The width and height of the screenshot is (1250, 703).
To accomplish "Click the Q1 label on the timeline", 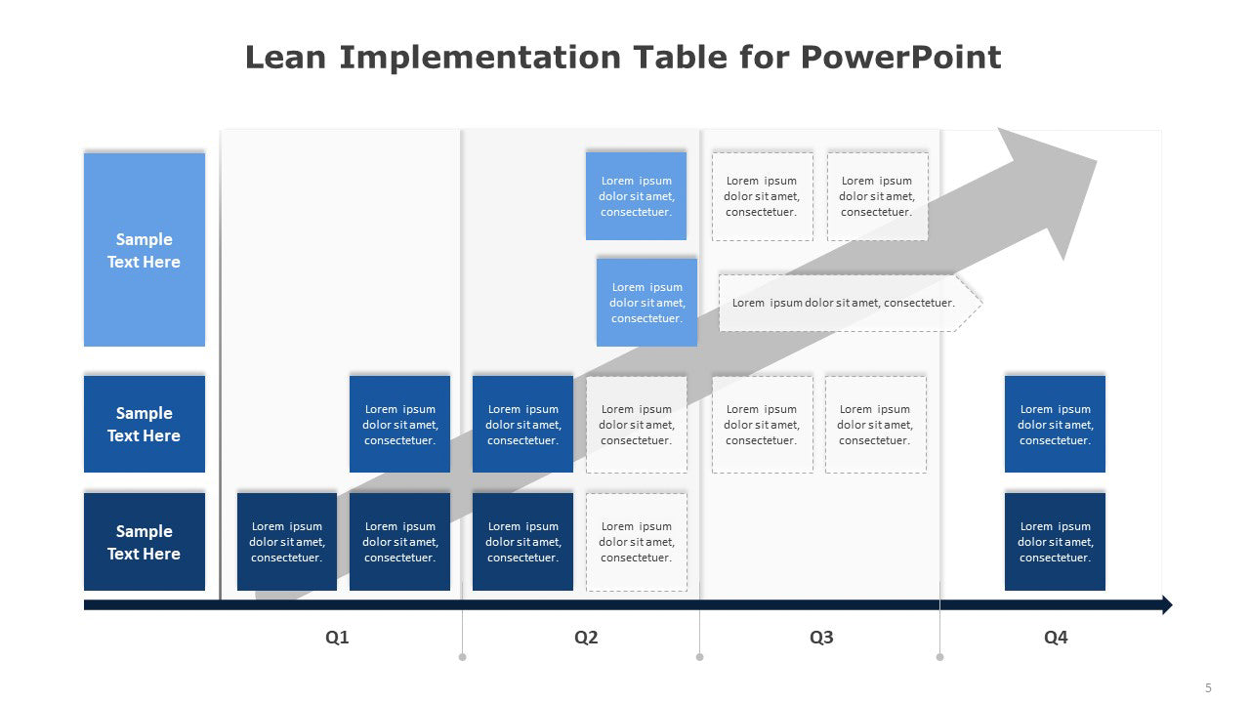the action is pyautogui.click(x=337, y=638).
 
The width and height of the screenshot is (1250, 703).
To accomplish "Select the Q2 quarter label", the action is pyautogui.click(x=586, y=638).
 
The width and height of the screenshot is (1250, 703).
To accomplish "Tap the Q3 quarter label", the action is pyautogui.click(x=821, y=638).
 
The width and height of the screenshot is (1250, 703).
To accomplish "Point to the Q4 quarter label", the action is pyautogui.click(x=1056, y=638).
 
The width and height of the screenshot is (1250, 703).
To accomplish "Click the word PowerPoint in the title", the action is pyautogui.click(x=900, y=58).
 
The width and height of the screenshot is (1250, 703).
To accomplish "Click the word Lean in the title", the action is pyautogui.click(x=285, y=58).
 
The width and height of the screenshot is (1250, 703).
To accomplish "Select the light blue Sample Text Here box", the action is pyautogui.click(x=145, y=249).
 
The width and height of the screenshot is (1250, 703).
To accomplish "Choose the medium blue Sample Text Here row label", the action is pyautogui.click(x=145, y=424).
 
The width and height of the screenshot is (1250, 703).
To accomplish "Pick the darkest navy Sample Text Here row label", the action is pyautogui.click(x=145, y=542).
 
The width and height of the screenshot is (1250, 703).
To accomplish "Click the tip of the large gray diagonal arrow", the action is pyautogui.click(x=1097, y=161).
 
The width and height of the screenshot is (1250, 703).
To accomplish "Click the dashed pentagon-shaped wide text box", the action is pyautogui.click(x=851, y=303).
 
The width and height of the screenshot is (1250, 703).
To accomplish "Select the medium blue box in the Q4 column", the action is pyautogui.click(x=1055, y=424).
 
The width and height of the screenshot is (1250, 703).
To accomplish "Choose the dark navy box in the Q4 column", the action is pyautogui.click(x=1055, y=542).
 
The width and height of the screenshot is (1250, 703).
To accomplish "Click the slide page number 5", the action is pyautogui.click(x=1208, y=688).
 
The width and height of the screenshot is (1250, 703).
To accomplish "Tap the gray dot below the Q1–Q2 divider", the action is pyautogui.click(x=463, y=657).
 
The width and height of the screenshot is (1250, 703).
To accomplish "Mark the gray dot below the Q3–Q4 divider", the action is pyautogui.click(x=939, y=657).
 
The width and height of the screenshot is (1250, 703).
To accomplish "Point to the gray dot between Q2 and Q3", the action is pyautogui.click(x=700, y=657).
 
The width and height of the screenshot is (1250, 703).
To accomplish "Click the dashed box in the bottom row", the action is pyautogui.click(x=637, y=542).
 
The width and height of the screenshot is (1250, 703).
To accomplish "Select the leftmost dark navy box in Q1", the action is pyautogui.click(x=287, y=542).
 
